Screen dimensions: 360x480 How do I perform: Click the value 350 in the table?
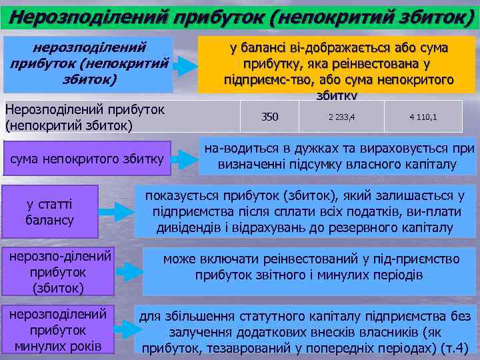click(269, 118)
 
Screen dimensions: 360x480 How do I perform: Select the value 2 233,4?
click(342, 118)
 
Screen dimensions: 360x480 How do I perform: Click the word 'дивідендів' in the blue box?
click(191, 228)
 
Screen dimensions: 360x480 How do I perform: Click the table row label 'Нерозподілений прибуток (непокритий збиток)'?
click(84, 116)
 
